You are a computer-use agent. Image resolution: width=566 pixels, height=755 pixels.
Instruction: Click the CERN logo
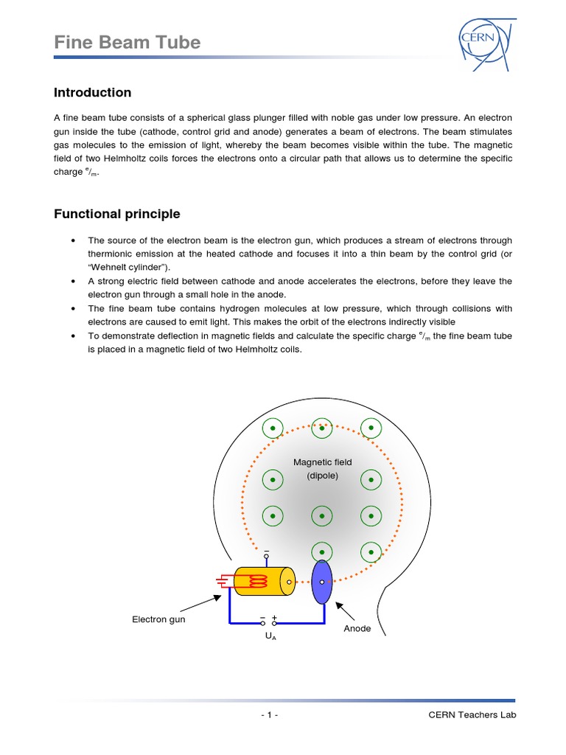coord(483,41)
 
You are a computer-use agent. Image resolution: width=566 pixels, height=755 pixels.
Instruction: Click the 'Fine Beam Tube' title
coord(127,43)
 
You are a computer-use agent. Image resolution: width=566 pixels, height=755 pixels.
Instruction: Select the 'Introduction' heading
coord(92,93)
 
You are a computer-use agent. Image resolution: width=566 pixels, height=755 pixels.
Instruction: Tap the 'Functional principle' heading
coord(116,215)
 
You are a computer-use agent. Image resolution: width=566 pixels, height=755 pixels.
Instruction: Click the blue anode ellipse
coord(322,582)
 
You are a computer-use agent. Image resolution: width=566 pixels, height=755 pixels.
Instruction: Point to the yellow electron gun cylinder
coord(264,582)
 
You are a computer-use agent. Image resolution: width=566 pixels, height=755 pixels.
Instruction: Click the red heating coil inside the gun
coord(259,582)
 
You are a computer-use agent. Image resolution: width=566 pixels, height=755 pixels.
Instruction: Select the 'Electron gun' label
coord(158,619)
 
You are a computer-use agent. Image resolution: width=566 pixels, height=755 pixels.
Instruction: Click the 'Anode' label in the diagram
coord(357,629)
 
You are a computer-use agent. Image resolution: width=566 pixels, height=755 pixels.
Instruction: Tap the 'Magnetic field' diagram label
coord(322,462)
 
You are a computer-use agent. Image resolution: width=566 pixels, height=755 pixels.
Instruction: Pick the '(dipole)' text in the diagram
coord(322,476)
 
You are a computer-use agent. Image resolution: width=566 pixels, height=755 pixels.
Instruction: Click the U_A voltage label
coord(270,635)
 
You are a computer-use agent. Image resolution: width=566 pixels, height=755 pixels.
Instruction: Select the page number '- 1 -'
coord(269,715)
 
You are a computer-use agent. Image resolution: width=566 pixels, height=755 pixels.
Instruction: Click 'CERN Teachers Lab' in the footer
coord(472,715)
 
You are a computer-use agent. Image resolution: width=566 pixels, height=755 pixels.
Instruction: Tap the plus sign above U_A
coord(274,617)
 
